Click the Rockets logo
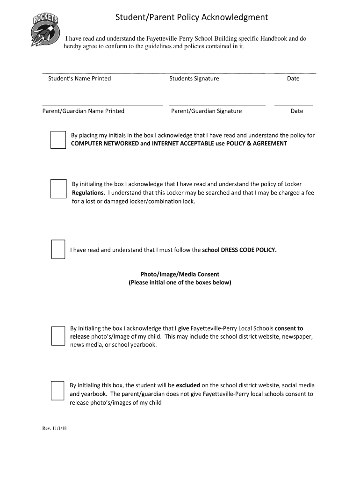(46, 29)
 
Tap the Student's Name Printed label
(79, 79)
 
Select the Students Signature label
(194, 79)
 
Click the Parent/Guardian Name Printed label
(83, 111)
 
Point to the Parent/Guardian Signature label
(206, 111)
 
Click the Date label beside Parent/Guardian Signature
(297, 111)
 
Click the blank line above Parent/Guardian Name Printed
(102, 105)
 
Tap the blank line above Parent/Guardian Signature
(217, 105)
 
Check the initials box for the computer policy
(58, 140)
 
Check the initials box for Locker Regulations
(58, 189)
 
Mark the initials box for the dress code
(58, 249)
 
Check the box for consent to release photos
(58, 336)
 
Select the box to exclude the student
(58, 391)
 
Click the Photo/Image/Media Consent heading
(180, 274)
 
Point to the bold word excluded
(188, 385)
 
